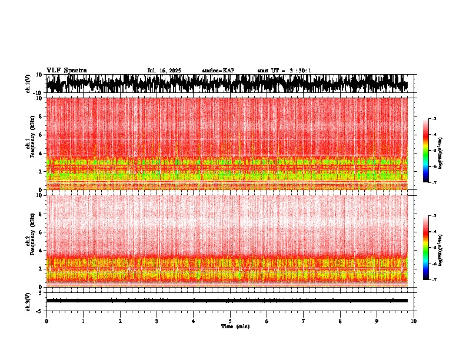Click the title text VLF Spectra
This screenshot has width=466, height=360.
(x=66, y=70)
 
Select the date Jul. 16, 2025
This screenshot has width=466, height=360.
(x=164, y=71)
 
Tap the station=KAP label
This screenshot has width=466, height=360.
(x=218, y=71)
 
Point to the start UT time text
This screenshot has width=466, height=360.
(x=284, y=71)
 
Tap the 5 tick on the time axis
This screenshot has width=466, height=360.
(x=230, y=321)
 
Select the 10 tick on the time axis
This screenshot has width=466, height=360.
(x=414, y=321)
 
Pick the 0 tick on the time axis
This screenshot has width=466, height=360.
(x=46, y=321)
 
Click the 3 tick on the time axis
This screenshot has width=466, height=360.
(x=157, y=321)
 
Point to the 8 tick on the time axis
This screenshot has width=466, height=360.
(x=340, y=321)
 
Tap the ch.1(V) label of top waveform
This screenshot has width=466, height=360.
(x=28, y=84)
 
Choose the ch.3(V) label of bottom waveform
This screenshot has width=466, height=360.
(x=28, y=301)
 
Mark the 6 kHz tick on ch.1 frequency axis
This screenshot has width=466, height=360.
(x=42, y=135)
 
